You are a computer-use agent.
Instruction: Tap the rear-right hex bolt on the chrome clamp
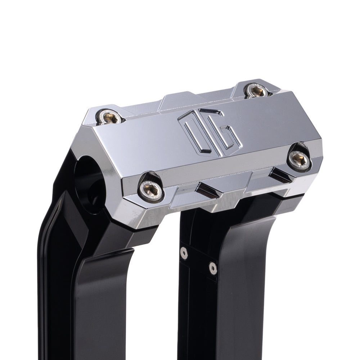coord(256,91)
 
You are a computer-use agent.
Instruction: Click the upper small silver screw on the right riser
coord(184,253)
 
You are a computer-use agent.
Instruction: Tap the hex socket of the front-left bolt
coord(150,187)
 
